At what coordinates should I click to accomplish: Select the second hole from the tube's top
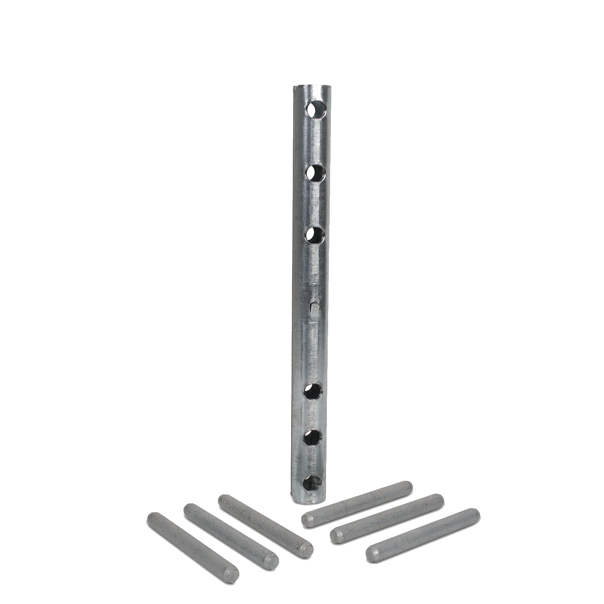click(316, 172)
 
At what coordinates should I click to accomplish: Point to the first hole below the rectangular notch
click(313, 391)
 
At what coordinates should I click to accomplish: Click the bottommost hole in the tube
click(312, 482)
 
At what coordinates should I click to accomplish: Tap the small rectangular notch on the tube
click(315, 309)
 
